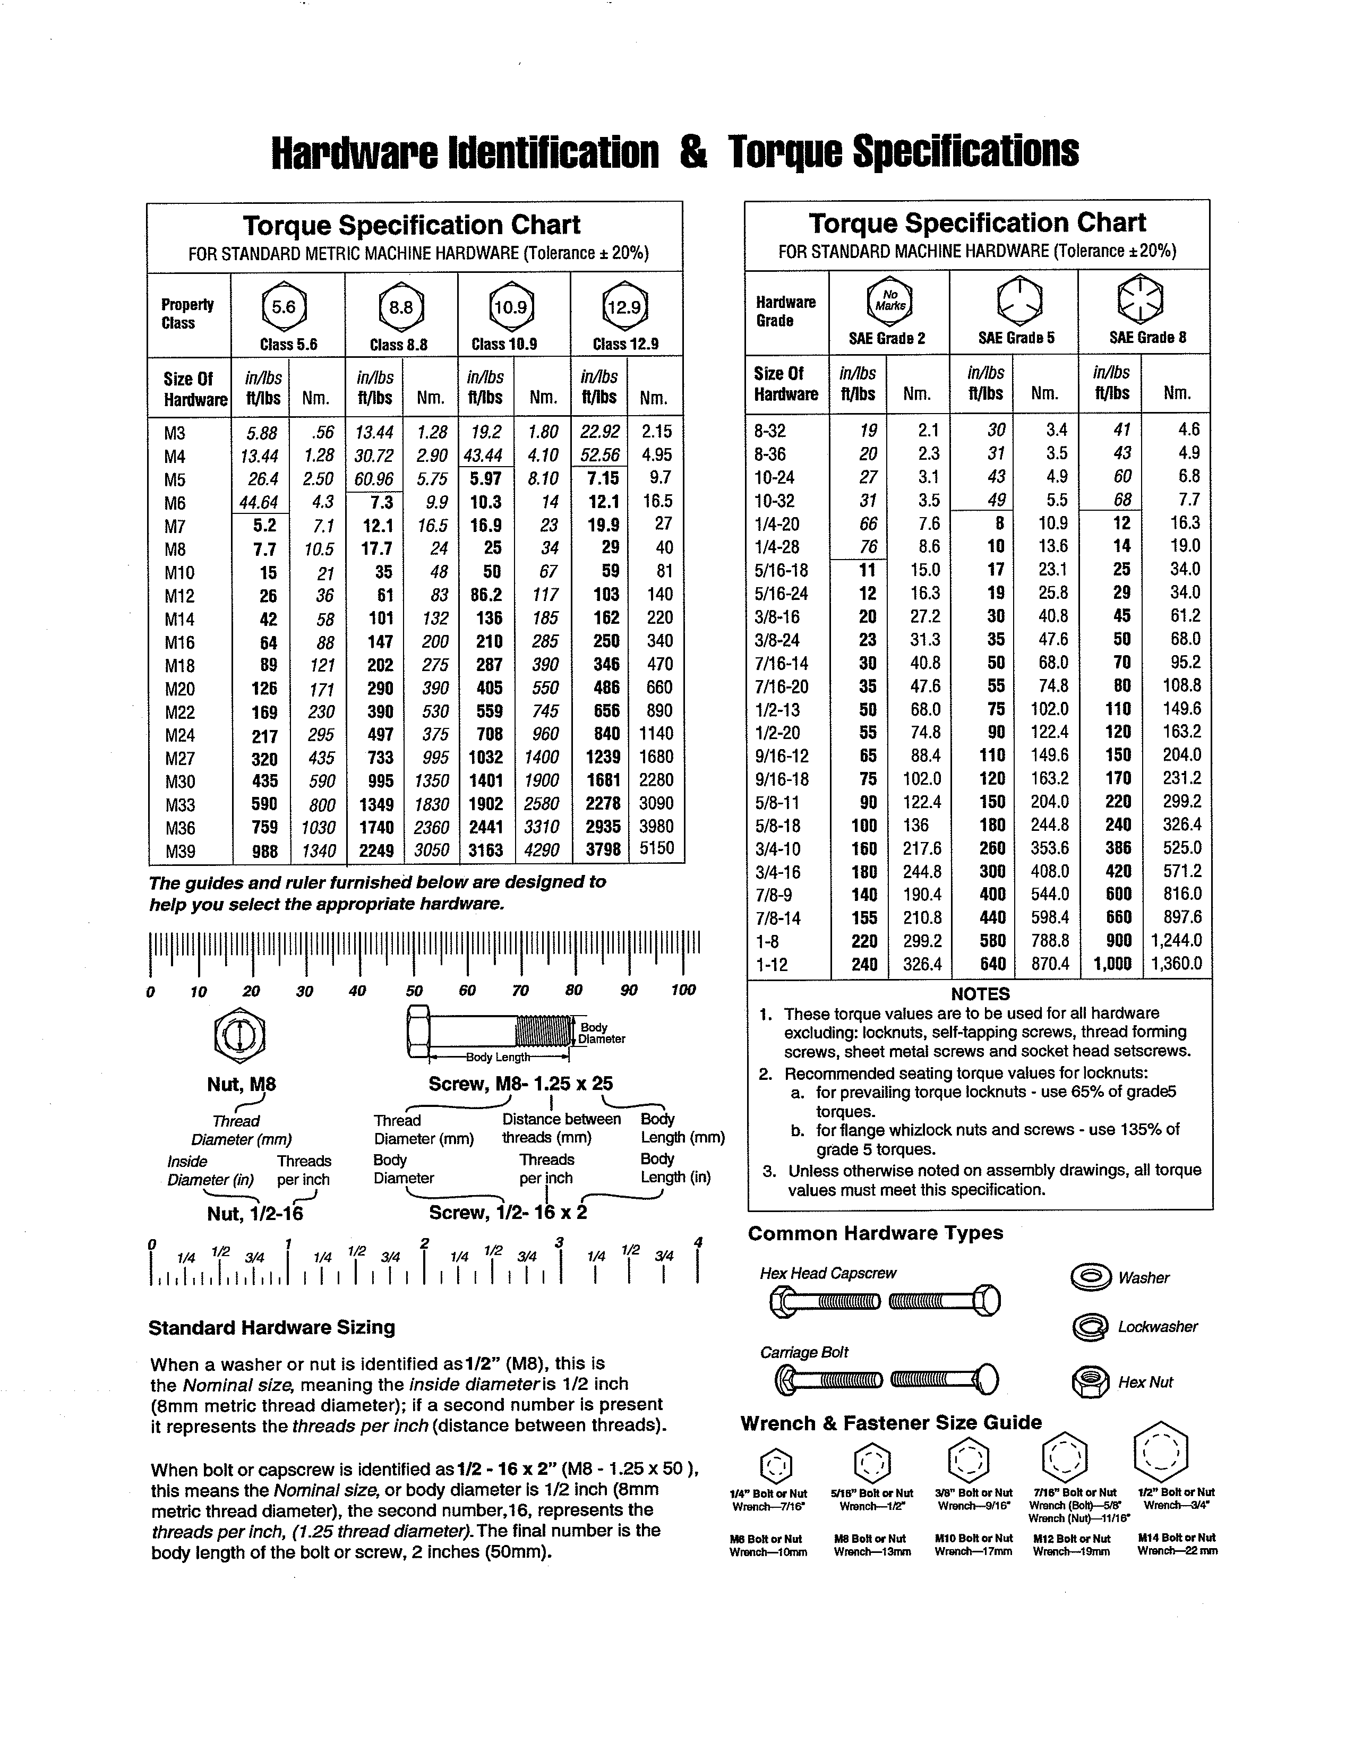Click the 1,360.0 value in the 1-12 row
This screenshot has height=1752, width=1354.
click(1176, 964)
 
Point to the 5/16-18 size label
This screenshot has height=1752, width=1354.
click(781, 570)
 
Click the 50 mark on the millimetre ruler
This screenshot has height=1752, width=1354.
click(414, 991)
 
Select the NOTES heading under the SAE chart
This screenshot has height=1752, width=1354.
click(980, 994)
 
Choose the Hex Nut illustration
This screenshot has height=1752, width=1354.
click(1091, 1382)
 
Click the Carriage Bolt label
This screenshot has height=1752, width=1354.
click(804, 1353)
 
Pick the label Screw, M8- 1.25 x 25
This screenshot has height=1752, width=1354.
click(520, 1084)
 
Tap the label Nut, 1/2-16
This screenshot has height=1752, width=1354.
click(255, 1214)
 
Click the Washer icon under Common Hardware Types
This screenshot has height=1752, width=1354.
click(1092, 1277)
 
